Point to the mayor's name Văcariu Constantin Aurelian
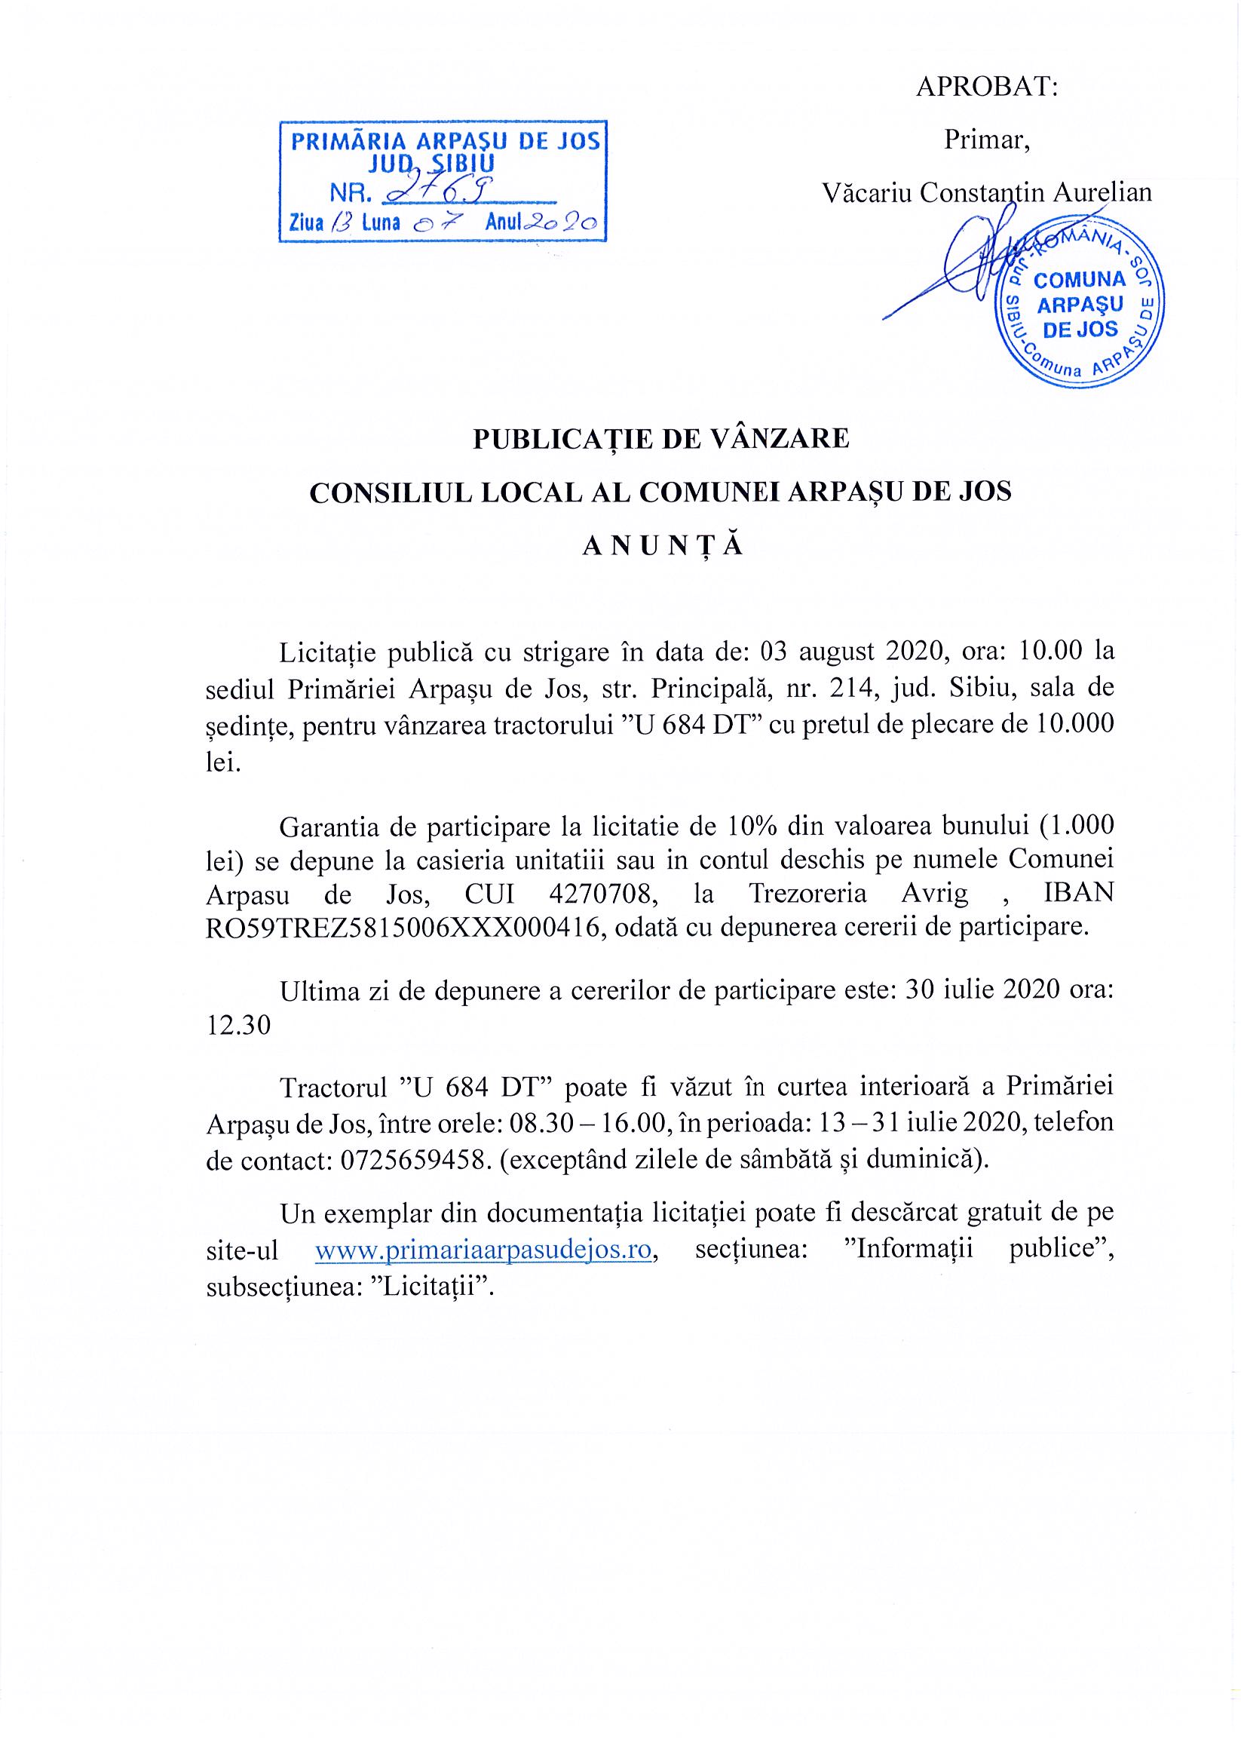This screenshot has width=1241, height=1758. point(986,192)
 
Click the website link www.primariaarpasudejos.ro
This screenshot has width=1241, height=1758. point(483,1250)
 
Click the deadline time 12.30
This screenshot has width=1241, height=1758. point(239,1025)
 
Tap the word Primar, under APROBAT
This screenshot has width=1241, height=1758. point(986,140)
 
